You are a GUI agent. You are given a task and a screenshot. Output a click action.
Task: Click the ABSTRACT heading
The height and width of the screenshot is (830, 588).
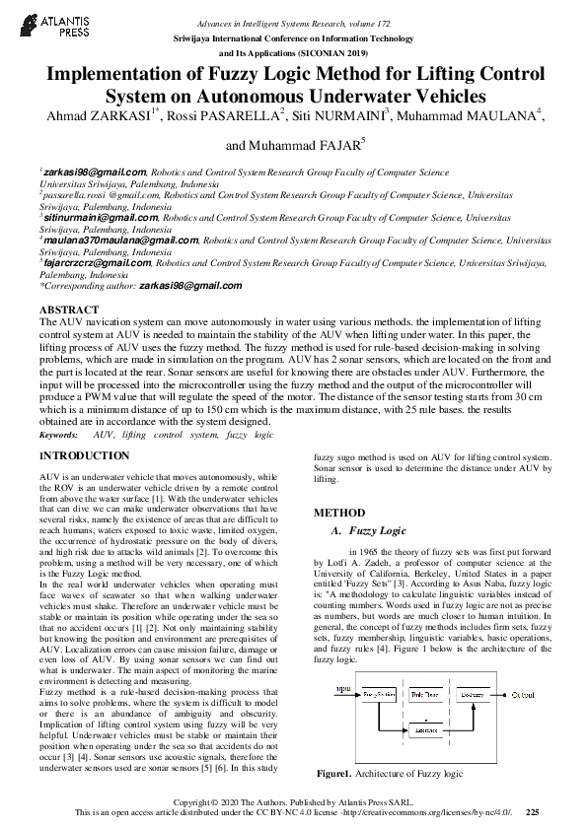click(x=68, y=310)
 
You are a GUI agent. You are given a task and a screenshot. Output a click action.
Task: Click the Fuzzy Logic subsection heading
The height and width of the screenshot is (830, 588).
click(x=378, y=531)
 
